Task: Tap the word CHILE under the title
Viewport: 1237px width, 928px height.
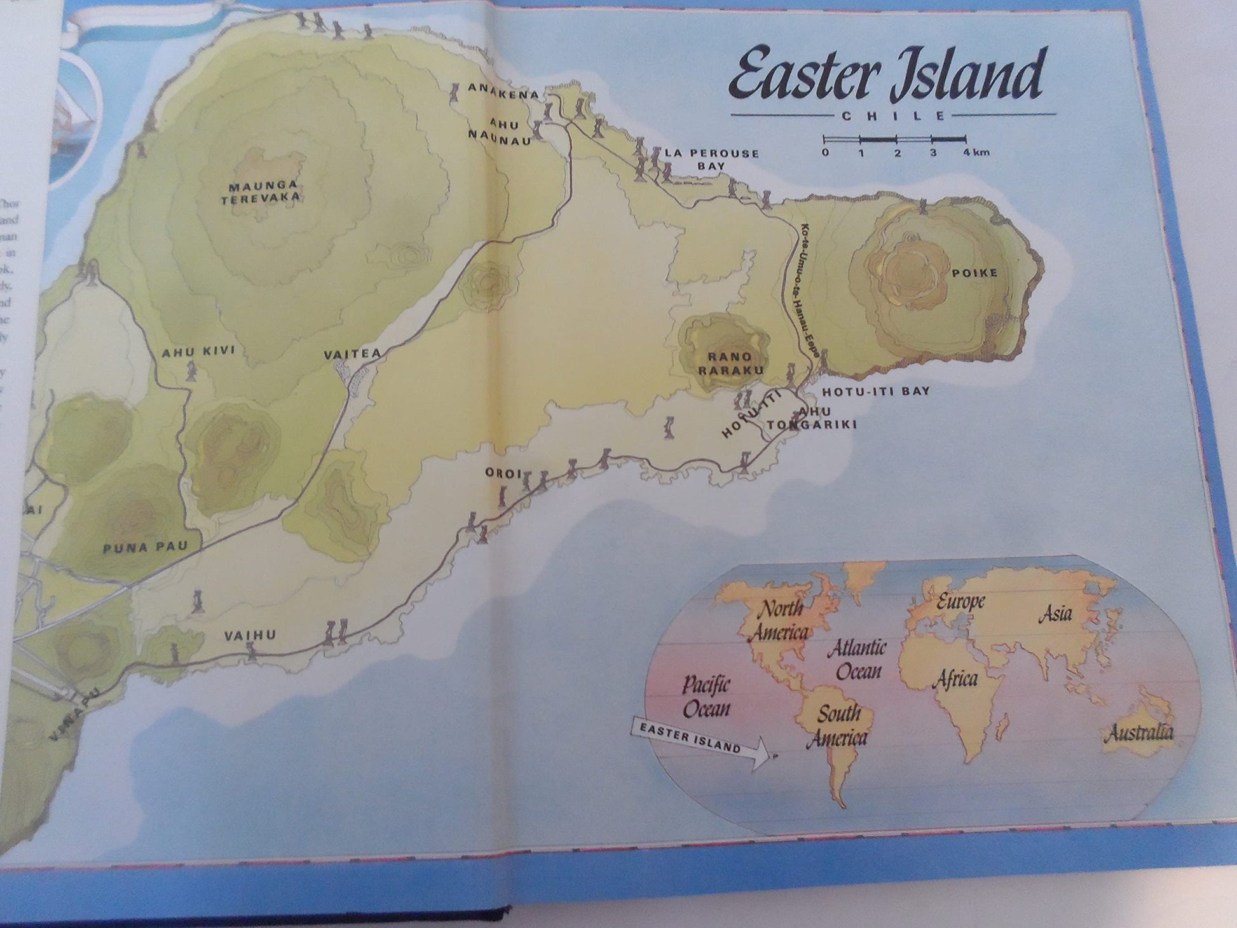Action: (x=894, y=116)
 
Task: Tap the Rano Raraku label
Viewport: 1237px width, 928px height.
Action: (x=730, y=364)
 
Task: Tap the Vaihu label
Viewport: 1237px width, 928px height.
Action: (x=250, y=634)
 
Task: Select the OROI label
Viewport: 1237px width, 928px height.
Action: (x=503, y=474)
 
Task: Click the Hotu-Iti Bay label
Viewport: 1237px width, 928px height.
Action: (x=875, y=392)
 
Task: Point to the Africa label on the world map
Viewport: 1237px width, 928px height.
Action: (x=955, y=679)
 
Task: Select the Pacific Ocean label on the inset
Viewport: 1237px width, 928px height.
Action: (x=706, y=697)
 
